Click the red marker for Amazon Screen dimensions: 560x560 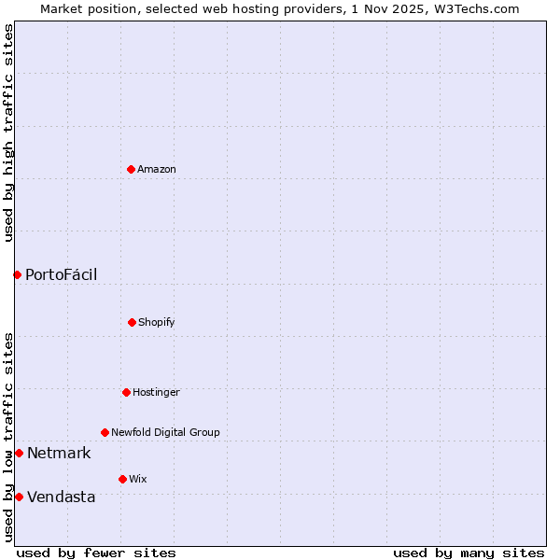[x=131, y=169]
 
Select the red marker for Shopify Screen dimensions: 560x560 [x=132, y=322]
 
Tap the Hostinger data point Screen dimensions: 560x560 [x=126, y=392]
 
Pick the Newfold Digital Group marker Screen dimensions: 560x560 [x=105, y=432]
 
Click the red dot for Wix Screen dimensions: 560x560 [x=122, y=479]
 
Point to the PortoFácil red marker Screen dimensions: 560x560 [x=17, y=274]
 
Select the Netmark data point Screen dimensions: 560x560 [x=19, y=453]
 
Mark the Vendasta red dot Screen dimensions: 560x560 [x=19, y=497]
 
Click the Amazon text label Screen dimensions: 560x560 [x=157, y=169]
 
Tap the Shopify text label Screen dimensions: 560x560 [x=157, y=322]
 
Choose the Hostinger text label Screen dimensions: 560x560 [x=156, y=392]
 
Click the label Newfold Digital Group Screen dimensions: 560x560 [x=165, y=432]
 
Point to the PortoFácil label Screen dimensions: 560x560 [x=61, y=274]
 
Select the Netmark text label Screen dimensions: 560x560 [x=59, y=454]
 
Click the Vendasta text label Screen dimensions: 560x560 [x=61, y=497]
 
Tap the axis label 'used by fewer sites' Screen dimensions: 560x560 [x=96, y=553]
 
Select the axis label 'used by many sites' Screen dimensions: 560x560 [x=469, y=553]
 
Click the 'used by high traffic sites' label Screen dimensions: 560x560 [x=8, y=133]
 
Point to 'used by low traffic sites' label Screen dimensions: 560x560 [x=8, y=437]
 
